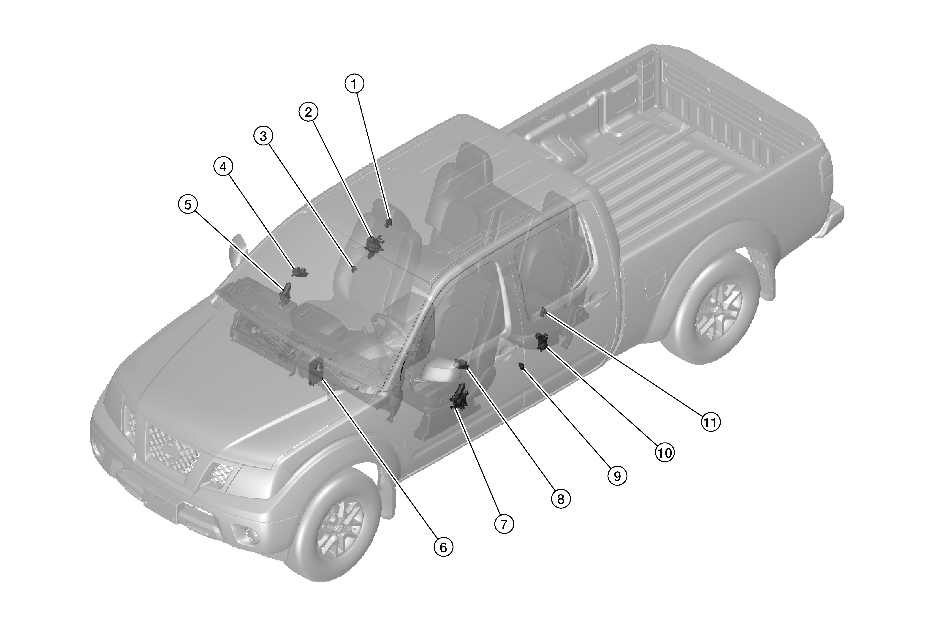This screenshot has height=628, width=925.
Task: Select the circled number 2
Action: pos(309,112)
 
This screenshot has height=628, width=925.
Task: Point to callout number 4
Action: pos(223,167)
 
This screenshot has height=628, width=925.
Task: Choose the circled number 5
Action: pos(187,205)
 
